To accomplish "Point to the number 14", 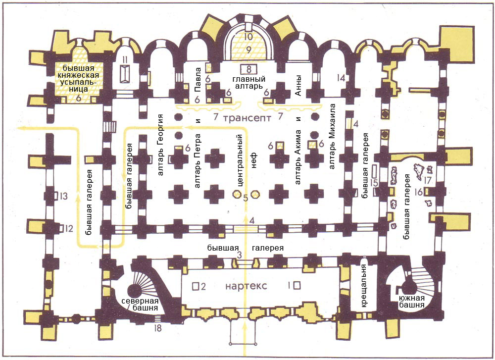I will pyautogui.click(x=340, y=78).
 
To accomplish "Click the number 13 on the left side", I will pyautogui.click(x=63, y=196).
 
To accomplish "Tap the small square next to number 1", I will pyautogui.click(x=297, y=286).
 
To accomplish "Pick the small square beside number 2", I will pyautogui.click(x=196, y=286).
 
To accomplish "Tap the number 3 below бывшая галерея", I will pyautogui.click(x=240, y=255).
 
